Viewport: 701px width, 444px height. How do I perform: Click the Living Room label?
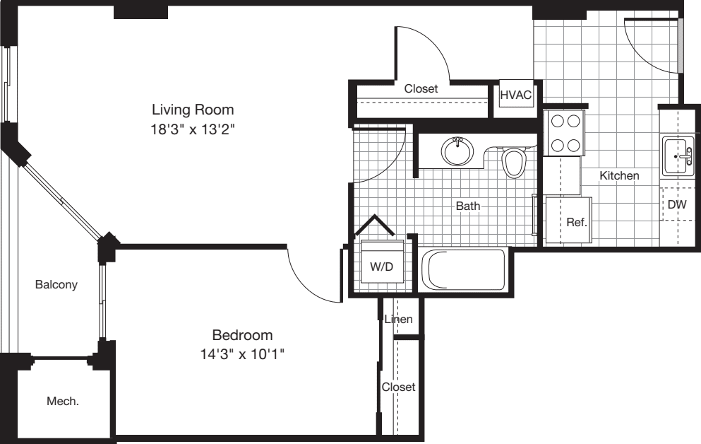click(x=193, y=110)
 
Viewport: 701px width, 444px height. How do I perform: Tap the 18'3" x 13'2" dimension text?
click(x=193, y=129)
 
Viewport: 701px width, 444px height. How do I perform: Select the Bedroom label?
click(x=242, y=334)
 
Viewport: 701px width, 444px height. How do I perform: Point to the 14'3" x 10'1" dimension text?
click(x=242, y=354)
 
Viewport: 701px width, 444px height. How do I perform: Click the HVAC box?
click(x=515, y=95)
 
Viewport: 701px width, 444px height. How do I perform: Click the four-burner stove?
click(x=565, y=133)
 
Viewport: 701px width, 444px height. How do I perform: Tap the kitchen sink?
click(x=678, y=156)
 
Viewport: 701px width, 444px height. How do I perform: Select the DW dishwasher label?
click(x=677, y=204)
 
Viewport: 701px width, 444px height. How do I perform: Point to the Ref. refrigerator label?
click(x=576, y=221)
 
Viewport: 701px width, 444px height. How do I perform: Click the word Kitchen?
click(x=619, y=175)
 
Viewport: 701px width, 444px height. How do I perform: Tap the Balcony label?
click(x=56, y=285)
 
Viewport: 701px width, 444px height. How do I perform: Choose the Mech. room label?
click(x=62, y=401)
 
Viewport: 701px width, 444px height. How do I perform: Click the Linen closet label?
click(x=399, y=320)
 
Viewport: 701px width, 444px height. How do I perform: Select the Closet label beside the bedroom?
click(x=398, y=387)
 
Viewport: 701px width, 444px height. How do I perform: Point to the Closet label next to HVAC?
click(x=421, y=89)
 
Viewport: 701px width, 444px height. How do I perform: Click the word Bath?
click(x=467, y=206)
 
